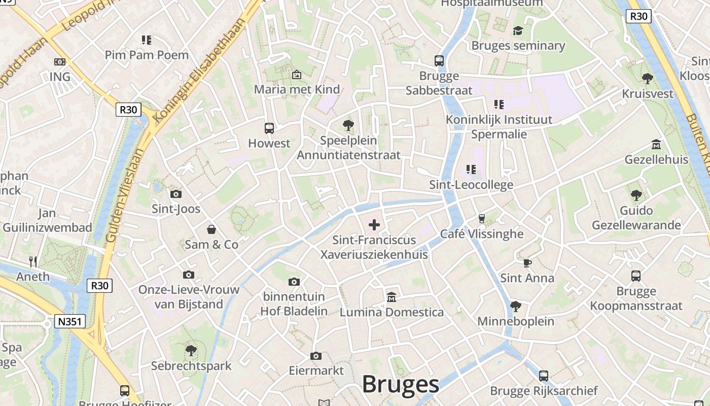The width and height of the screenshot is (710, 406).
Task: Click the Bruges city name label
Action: [x=400, y=384]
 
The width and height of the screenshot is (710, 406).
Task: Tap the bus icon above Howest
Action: [x=269, y=128]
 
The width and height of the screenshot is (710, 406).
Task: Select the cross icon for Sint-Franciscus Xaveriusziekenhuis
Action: [x=374, y=225]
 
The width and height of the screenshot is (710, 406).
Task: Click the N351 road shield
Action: [x=70, y=321]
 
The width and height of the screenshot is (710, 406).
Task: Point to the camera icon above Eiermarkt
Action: [x=316, y=356]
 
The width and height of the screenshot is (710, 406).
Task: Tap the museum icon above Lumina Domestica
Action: [x=392, y=297]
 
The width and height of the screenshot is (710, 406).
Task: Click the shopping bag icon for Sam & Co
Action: [x=211, y=229]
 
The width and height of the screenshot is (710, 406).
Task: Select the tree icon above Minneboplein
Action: [x=516, y=306]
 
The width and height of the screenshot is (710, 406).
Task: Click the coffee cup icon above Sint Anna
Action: [x=527, y=263]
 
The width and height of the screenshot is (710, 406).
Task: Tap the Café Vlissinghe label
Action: [x=482, y=234]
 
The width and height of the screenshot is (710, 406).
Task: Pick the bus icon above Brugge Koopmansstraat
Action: [x=636, y=276]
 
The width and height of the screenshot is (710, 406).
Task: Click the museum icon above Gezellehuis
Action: [x=656, y=144]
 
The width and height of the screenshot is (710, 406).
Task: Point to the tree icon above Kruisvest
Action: [x=647, y=79]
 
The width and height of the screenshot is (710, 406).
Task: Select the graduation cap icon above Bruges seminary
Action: [x=517, y=31]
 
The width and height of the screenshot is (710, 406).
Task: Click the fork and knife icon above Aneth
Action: [x=33, y=261]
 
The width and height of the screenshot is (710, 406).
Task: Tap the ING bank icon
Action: [x=60, y=62]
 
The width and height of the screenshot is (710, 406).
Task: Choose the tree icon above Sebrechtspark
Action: [x=191, y=350]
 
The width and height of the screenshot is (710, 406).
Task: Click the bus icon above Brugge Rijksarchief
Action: [x=544, y=376]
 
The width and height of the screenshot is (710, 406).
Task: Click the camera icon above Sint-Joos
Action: [x=176, y=194]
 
